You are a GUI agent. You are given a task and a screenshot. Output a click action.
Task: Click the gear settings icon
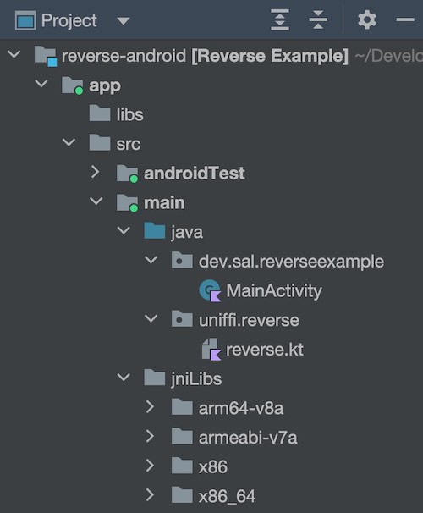tap(367, 20)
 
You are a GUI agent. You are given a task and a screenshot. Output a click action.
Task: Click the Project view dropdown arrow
tap(124, 21)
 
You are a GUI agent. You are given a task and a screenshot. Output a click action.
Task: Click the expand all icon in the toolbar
tap(280, 20)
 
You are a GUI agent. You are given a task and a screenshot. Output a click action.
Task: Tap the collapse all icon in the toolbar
tap(318, 20)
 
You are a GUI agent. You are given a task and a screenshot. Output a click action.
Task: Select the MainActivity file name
tap(274, 290)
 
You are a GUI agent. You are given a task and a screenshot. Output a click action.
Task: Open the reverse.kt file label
tap(265, 350)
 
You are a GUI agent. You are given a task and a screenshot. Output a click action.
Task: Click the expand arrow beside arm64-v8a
tap(150, 407)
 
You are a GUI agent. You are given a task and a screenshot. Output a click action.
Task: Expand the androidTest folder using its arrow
tap(95, 172)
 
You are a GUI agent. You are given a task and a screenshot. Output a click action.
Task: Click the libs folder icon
tap(100, 113)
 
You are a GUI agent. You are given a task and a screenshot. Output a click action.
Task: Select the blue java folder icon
tap(154, 230)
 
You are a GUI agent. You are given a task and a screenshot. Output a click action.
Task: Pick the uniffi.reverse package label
tap(249, 320)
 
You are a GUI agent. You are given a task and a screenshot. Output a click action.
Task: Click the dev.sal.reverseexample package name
tap(291, 262)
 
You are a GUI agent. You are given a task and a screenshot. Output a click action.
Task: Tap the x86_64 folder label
tap(227, 496)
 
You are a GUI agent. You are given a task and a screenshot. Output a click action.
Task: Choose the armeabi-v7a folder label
tap(248, 438)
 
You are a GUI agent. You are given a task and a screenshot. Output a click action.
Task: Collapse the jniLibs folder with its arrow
tap(124, 378)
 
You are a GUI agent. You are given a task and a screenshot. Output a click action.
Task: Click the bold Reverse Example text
tap(270, 56)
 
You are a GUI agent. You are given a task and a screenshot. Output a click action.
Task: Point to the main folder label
tap(164, 203)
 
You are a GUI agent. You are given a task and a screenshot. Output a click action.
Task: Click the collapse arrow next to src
tap(69, 142)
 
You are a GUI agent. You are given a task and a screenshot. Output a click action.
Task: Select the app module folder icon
tap(72, 85)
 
